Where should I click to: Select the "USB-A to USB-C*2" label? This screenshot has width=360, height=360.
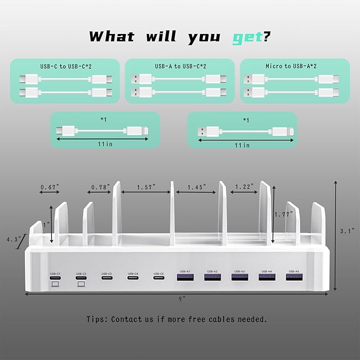pos(180,66)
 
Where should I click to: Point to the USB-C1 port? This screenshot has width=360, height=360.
pos(56,277)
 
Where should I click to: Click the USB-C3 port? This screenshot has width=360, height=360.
pos(107,277)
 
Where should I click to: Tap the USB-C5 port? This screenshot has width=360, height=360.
pos(159,277)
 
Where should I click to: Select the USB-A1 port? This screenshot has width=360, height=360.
pos(186,276)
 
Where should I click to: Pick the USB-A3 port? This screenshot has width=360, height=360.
pos(240,276)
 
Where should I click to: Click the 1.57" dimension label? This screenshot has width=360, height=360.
pos(145,187)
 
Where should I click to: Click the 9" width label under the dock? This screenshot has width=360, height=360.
pos(182,298)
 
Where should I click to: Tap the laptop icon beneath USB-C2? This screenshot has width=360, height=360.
pos(81,284)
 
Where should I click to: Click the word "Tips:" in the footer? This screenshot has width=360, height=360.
pos(99,319)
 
